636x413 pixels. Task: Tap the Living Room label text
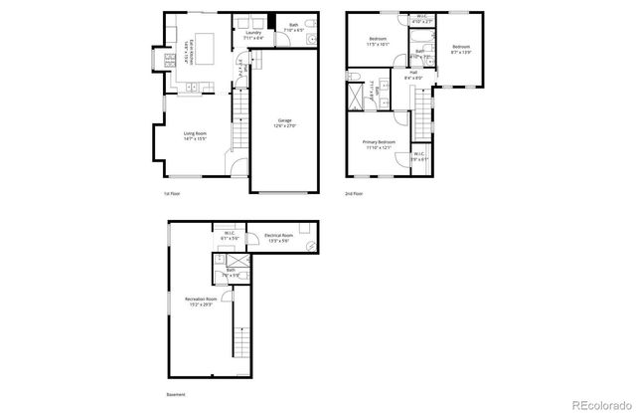pyautogui.click(x=194, y=135)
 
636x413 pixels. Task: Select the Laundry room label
pyautogui.click(x=253, y=36)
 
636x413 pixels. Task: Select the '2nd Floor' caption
pyautogui.click(x=354, y=193)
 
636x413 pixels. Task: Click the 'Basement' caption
pyautogui.click(x=176, y=395)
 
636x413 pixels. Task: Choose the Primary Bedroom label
pyautogui.click(x=379, y=145)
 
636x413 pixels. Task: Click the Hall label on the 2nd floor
pyautogui.click(x=412, y=76)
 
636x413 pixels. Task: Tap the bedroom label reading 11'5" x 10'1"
pyautogui.click(x=378, y=42)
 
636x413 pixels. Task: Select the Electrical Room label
pyautogui.click(x=277, y=239)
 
